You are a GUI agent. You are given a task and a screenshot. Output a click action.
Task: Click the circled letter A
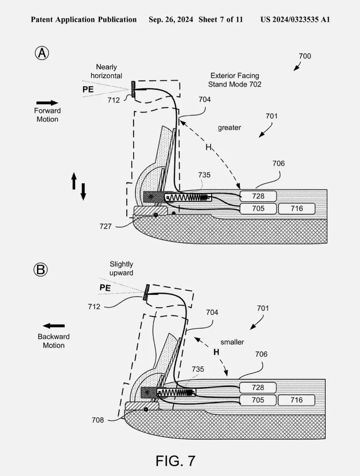click(42, 53)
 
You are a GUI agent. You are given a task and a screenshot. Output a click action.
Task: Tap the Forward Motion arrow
click(47, 102)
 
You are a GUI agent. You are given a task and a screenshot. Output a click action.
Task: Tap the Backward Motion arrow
click(54, 326)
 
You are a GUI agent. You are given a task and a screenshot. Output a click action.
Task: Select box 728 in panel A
click(258, 196)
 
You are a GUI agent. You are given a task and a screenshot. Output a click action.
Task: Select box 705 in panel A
click(258, 208)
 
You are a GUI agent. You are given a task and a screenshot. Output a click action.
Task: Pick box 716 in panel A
click(296, 208)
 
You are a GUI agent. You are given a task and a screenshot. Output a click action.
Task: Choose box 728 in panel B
click(258, 387)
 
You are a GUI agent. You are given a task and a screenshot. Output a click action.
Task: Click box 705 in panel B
click(258, 400)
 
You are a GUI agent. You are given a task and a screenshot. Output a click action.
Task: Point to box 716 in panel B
click(296, 400)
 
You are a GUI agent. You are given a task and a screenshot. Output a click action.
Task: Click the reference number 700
click(305, 56)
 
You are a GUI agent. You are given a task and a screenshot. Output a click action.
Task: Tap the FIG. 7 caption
click(175, 460)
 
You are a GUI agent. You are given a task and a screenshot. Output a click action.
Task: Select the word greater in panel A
click(229, 127)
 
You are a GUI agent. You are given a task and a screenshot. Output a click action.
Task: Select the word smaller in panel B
click(232, 341)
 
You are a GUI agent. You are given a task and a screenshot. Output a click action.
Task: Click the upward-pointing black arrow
click(74, 181)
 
